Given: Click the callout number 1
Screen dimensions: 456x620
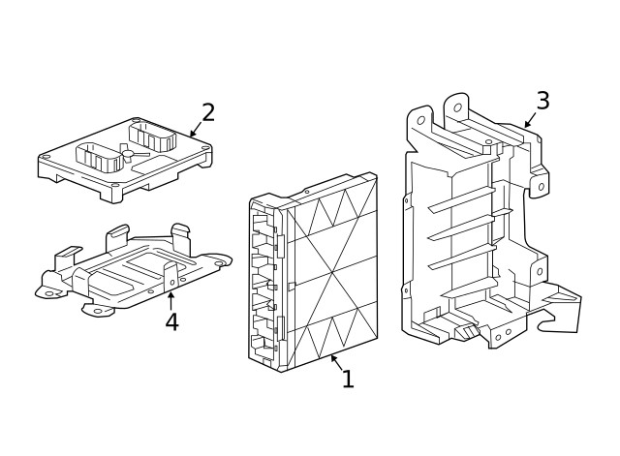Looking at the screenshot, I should (347, 380).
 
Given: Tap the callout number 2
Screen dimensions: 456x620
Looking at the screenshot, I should (207, 112).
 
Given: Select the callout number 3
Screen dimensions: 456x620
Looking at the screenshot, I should (542, 101).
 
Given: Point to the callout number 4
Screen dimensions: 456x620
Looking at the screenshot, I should (171, 322).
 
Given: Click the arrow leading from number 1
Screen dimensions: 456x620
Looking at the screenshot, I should (335, 361).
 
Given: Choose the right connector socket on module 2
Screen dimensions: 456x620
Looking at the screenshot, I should (153, 135).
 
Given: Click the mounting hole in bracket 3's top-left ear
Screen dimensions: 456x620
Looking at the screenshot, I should (420, 120).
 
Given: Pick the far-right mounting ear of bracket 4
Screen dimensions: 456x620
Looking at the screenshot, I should (222, 261).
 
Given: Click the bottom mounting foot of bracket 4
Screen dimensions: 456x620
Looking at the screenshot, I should (98, 312).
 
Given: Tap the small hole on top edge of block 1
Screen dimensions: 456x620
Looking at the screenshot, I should (307, 192).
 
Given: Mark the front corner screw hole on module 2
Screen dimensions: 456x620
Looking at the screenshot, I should (115, 185).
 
